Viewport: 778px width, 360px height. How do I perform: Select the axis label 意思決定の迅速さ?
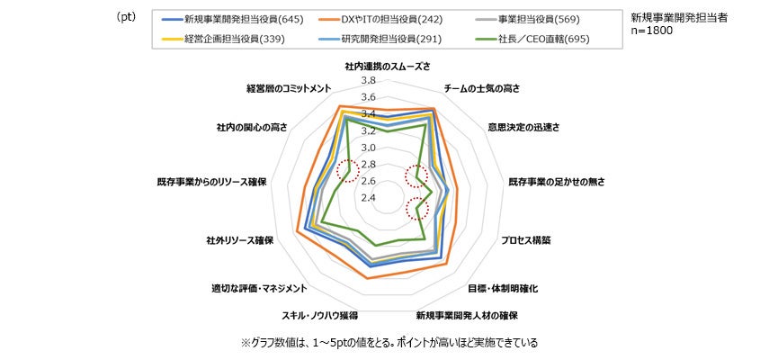(523, 128)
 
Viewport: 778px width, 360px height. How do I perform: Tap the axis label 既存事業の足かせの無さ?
(557, 182)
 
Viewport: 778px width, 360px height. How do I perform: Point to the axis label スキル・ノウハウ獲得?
(320, 316)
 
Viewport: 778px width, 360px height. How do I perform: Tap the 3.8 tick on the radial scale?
(368, 81)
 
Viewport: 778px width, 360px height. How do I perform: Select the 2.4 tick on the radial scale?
(368, 198)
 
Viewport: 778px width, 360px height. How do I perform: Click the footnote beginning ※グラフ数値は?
(389, 343)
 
